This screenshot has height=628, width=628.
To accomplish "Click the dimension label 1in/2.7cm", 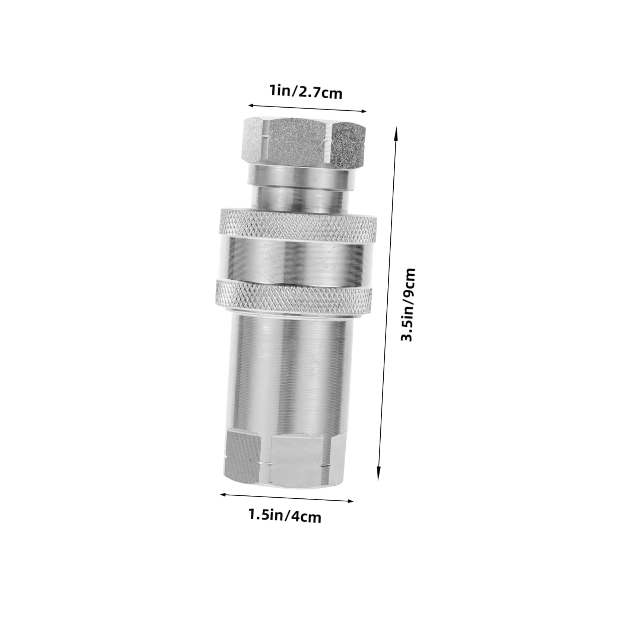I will click(306, 92).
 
